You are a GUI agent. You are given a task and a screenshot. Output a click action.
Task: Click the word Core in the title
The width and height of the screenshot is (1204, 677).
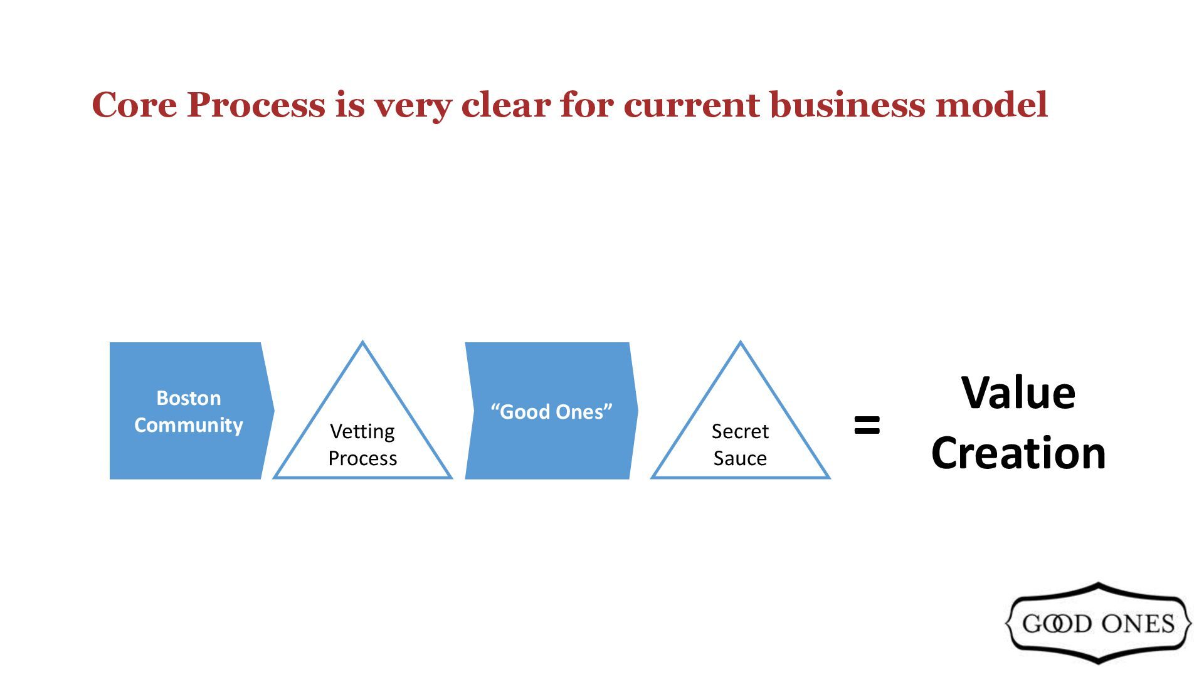tap(134, 105)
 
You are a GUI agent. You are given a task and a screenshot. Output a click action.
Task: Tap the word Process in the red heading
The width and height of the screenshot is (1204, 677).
tap(256, 105)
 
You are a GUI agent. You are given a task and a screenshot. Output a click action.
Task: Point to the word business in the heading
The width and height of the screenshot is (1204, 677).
tap(847, 105)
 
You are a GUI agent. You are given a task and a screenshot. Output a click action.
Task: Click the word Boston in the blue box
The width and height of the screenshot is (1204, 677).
tap(188, 398)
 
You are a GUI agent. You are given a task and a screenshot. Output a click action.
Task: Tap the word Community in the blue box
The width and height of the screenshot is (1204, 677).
tap(188, 425)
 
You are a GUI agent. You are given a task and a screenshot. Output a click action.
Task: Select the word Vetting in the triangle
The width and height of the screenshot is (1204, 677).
tap(362, 431)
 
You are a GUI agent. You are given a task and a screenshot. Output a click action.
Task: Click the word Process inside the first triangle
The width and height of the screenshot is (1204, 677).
tap(362, 458)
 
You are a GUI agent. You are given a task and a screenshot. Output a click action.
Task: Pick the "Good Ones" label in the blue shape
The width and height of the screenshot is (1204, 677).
tap(551, 412)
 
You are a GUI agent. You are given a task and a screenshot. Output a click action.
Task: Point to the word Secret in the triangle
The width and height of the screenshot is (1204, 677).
tap(740, 431)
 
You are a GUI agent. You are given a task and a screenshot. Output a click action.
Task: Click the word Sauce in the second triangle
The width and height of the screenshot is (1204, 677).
tap(740, 458)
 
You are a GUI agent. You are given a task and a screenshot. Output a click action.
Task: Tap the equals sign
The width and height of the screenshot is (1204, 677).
tap(867, 425)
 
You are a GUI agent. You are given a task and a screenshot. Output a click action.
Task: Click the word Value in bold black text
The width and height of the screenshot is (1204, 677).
tap(1018, 393)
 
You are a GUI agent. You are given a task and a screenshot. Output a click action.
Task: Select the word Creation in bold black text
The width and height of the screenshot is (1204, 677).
tap(1018, 453)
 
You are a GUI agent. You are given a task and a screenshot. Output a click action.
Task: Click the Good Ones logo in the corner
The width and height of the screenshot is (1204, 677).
tap(1098, 623)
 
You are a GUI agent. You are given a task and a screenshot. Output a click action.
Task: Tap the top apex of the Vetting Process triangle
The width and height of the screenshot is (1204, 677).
tap(362, 343)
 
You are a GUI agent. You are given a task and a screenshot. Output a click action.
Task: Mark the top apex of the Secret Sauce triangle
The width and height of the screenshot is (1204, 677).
tap(741, 343)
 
